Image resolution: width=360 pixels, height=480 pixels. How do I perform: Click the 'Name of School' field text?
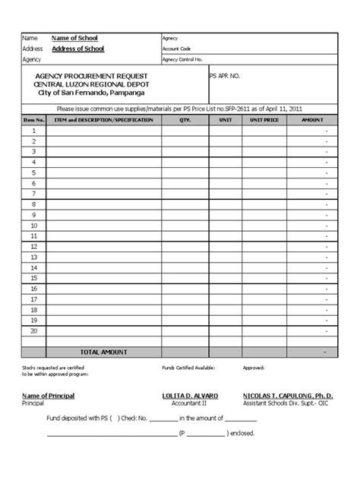click(74, 37)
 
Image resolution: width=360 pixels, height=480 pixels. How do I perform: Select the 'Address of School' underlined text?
click(78, 49)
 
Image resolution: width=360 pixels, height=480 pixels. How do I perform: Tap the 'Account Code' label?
click(175, 48)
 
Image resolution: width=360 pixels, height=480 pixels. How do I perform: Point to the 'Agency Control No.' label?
click(183, 58)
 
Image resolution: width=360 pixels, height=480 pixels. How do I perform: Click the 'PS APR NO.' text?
click(225, 77)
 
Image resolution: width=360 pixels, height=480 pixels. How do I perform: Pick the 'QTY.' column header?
click(185, 120)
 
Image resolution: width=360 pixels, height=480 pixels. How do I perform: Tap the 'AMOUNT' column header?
click(312, 120)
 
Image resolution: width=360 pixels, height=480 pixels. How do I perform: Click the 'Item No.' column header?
click(33, 120)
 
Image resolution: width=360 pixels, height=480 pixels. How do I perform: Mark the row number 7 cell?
click(33, 194)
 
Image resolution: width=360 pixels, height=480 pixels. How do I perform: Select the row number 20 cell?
click(33, 330)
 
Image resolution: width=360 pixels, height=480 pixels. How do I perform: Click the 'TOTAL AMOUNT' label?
click(103, 352)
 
